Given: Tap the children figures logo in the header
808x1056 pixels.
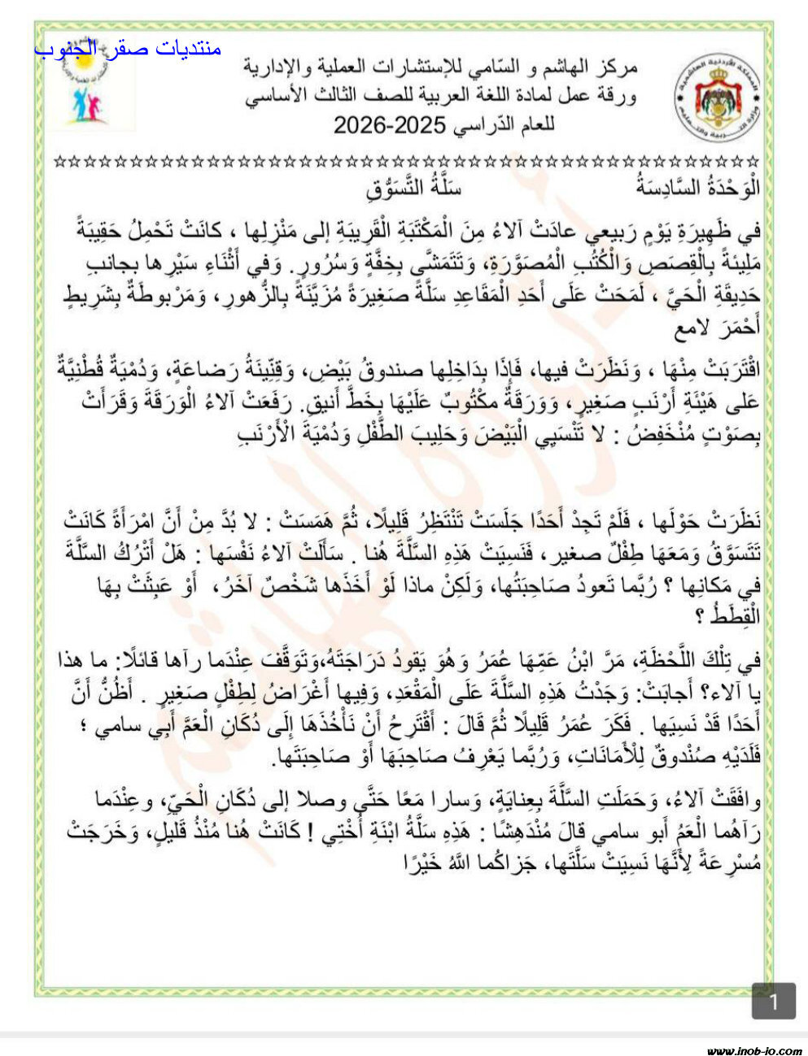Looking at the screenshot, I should pos(88,90).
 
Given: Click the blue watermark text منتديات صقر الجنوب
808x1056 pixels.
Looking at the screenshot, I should pos(128,49).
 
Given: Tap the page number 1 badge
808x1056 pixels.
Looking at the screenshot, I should pos(773,1001).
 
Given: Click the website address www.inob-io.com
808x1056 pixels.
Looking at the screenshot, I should pos(753,1049).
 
